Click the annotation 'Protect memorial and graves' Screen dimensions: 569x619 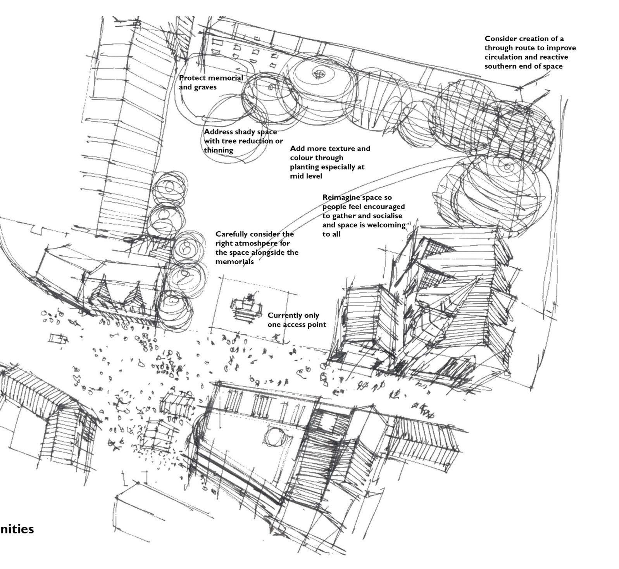click(211, 83)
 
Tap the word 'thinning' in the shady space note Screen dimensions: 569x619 click(219, 150)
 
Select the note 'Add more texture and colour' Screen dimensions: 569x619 click(329, 153)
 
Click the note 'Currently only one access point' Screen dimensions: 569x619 click(296, 320)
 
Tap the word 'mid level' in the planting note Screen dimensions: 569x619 click(306, 176)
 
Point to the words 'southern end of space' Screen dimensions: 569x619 click(523, 66)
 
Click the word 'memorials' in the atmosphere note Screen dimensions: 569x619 click(234, 262)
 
